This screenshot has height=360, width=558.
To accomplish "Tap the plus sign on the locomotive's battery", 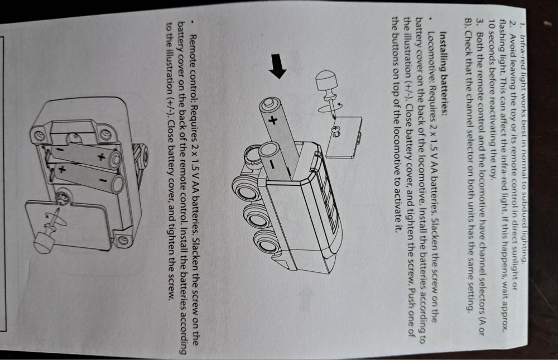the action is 273,121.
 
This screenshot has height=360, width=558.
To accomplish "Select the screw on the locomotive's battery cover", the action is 336,131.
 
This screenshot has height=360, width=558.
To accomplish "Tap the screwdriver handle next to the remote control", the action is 44,242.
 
